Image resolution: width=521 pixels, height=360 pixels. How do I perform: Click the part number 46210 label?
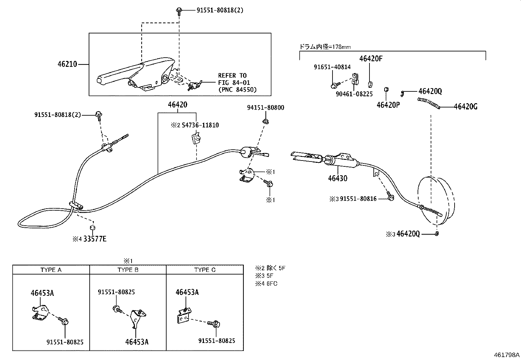(x=67, y=64)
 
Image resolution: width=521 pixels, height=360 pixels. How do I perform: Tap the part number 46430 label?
(x=337, y=179)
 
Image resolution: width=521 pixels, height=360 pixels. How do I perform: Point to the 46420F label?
(x=371, y=59)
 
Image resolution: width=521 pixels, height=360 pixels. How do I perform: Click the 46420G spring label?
(x=465, y=106)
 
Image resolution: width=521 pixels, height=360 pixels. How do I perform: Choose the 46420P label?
(x=388, y=105)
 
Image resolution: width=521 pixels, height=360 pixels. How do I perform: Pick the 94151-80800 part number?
(x=265, y=107)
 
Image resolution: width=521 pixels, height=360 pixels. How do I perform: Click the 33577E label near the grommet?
(x=95, y=239)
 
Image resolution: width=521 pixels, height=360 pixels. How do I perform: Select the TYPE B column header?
(x=128, y=270)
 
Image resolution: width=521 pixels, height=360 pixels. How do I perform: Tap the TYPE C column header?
(x=205, y=270)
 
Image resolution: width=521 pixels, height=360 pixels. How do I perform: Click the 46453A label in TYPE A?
(x=42, y=293)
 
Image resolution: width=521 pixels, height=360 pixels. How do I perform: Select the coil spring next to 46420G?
(x=429, y=103)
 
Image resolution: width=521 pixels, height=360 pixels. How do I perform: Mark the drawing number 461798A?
(x=507, y=355)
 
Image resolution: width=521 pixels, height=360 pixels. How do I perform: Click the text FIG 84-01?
(x=234, y=83)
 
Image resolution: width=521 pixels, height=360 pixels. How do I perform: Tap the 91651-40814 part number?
(x=332, y=67)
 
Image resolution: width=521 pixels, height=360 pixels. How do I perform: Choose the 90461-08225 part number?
(x=354, y=94)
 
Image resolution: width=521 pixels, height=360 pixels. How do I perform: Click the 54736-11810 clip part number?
(x=200, y=125)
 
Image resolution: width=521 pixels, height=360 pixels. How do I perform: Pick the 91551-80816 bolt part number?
(x=358, y=199)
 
